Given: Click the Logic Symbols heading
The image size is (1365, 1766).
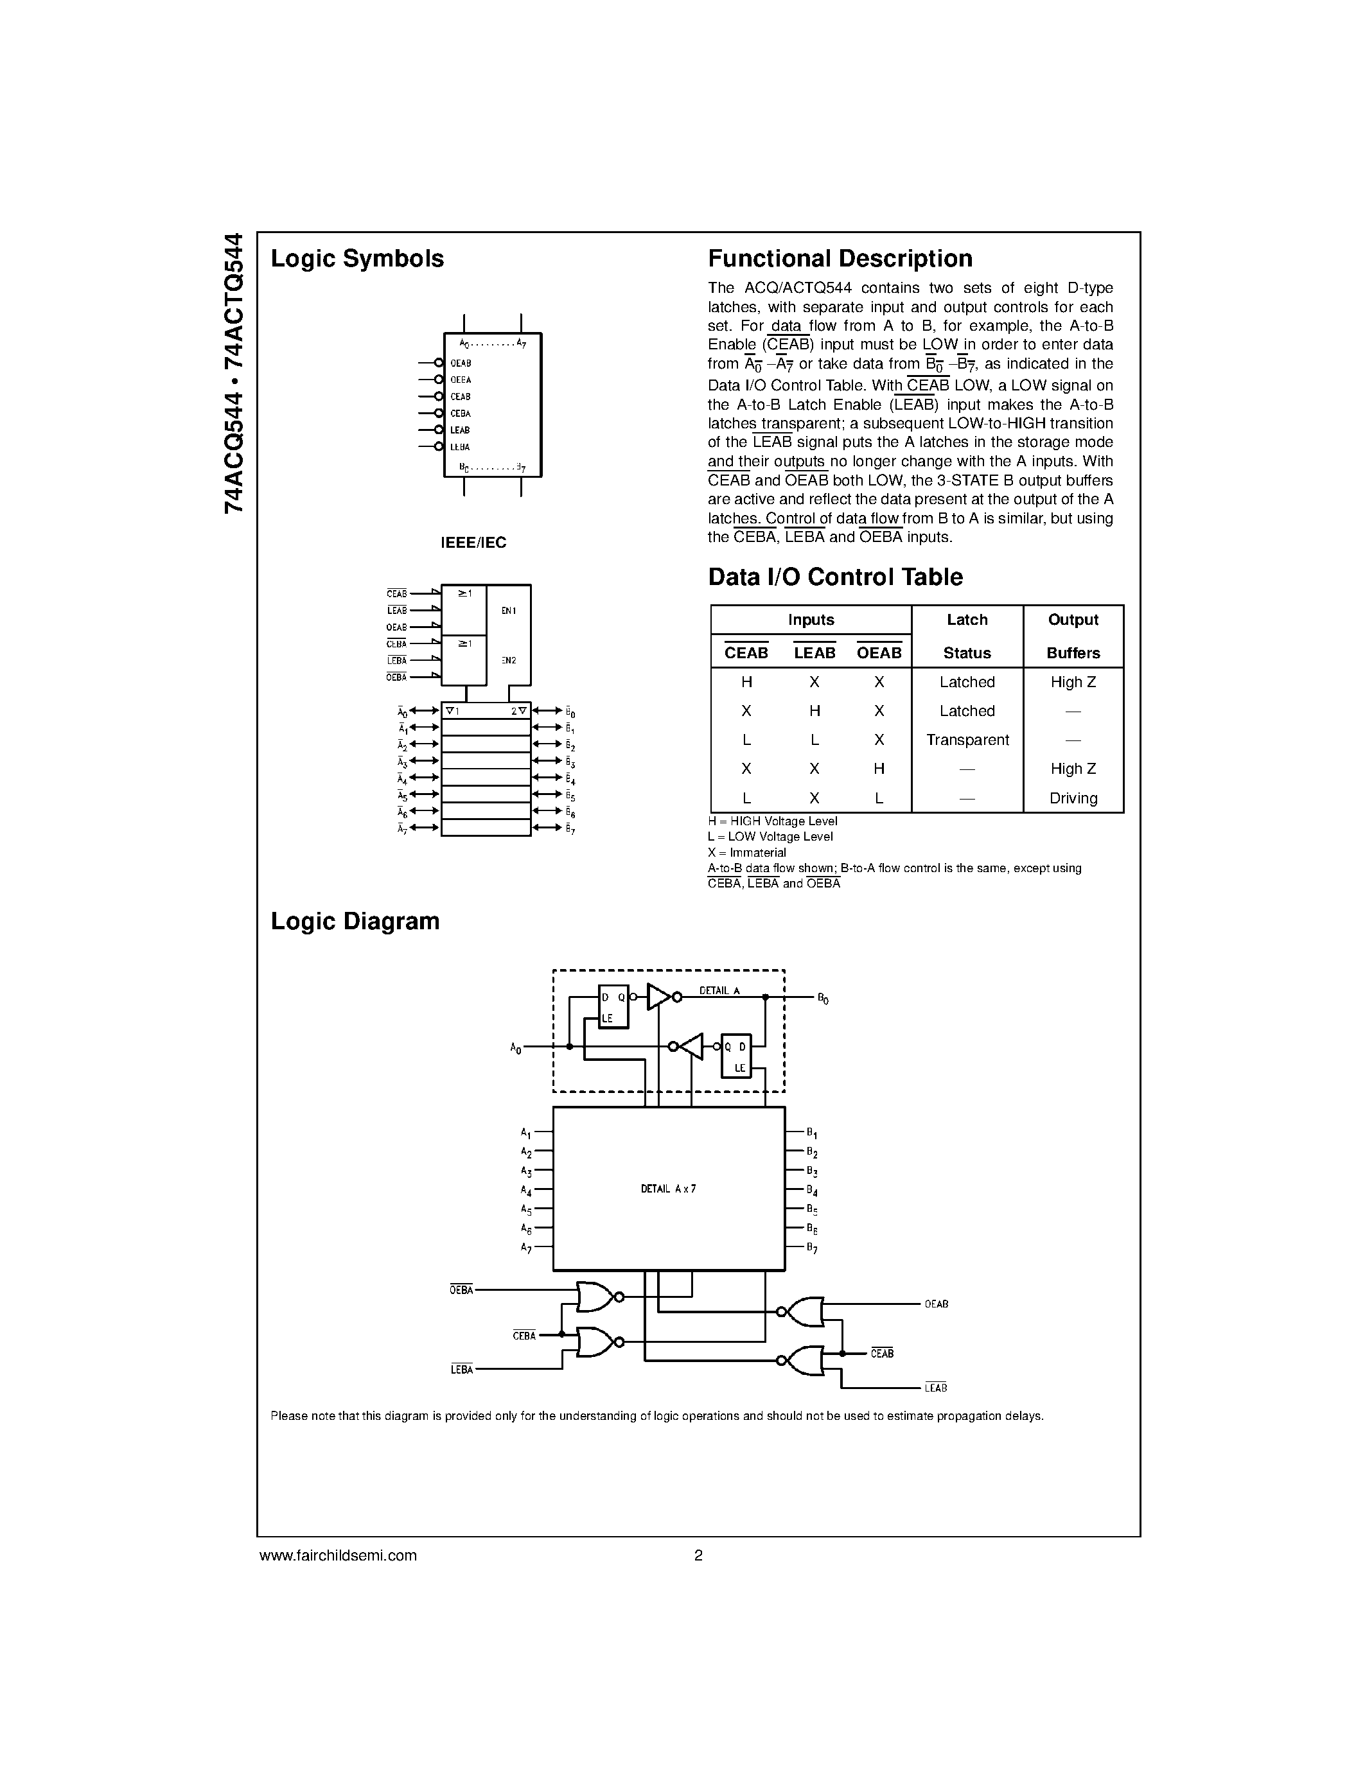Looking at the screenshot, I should pyautogui.click(x=357, y=259).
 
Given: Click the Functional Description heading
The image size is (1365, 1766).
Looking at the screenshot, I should pyautogui.click(x=840, y=259).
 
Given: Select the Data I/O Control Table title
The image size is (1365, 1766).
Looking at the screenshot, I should pyautogui.click(x=834, y=577).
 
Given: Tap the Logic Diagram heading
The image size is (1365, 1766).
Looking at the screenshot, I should pyautogui.click(x=355, y=921).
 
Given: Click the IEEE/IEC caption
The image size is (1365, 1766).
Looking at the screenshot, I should pyautogui.click(x=473, y=543).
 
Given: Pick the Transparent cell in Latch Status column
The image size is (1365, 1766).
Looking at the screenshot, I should pyautogui.click(x=967, y=740).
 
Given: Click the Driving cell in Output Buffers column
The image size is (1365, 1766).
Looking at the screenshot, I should pyautogui.click(x=1073, y=798).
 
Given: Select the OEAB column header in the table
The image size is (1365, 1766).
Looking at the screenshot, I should pyautogui.click(x=878, y=652).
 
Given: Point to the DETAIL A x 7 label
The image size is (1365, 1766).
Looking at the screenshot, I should pyautogui.click(x=668, y=1189).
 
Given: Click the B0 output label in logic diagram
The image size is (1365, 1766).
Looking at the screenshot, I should pyautogui.click(x=822, y=999).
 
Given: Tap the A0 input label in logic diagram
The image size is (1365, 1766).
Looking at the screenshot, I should pyautogui.click(x=516, y=1048).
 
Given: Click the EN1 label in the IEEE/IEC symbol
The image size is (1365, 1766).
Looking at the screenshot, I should pyautogui.click(x=509, y=611).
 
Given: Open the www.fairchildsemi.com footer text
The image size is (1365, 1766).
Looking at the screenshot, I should pyautogui.click(x=337, y=1555).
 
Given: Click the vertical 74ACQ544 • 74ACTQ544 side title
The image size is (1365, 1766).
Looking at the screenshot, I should pyautogui.click(x=233, y=372).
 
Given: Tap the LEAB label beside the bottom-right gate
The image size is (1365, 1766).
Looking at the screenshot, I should pyautogui.click(x=936, y=1388).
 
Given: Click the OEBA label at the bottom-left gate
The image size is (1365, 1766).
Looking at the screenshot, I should pyautogui.click(x=461, y=1291).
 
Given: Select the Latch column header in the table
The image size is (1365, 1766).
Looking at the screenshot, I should pyautogui.click(x=967, y=620).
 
